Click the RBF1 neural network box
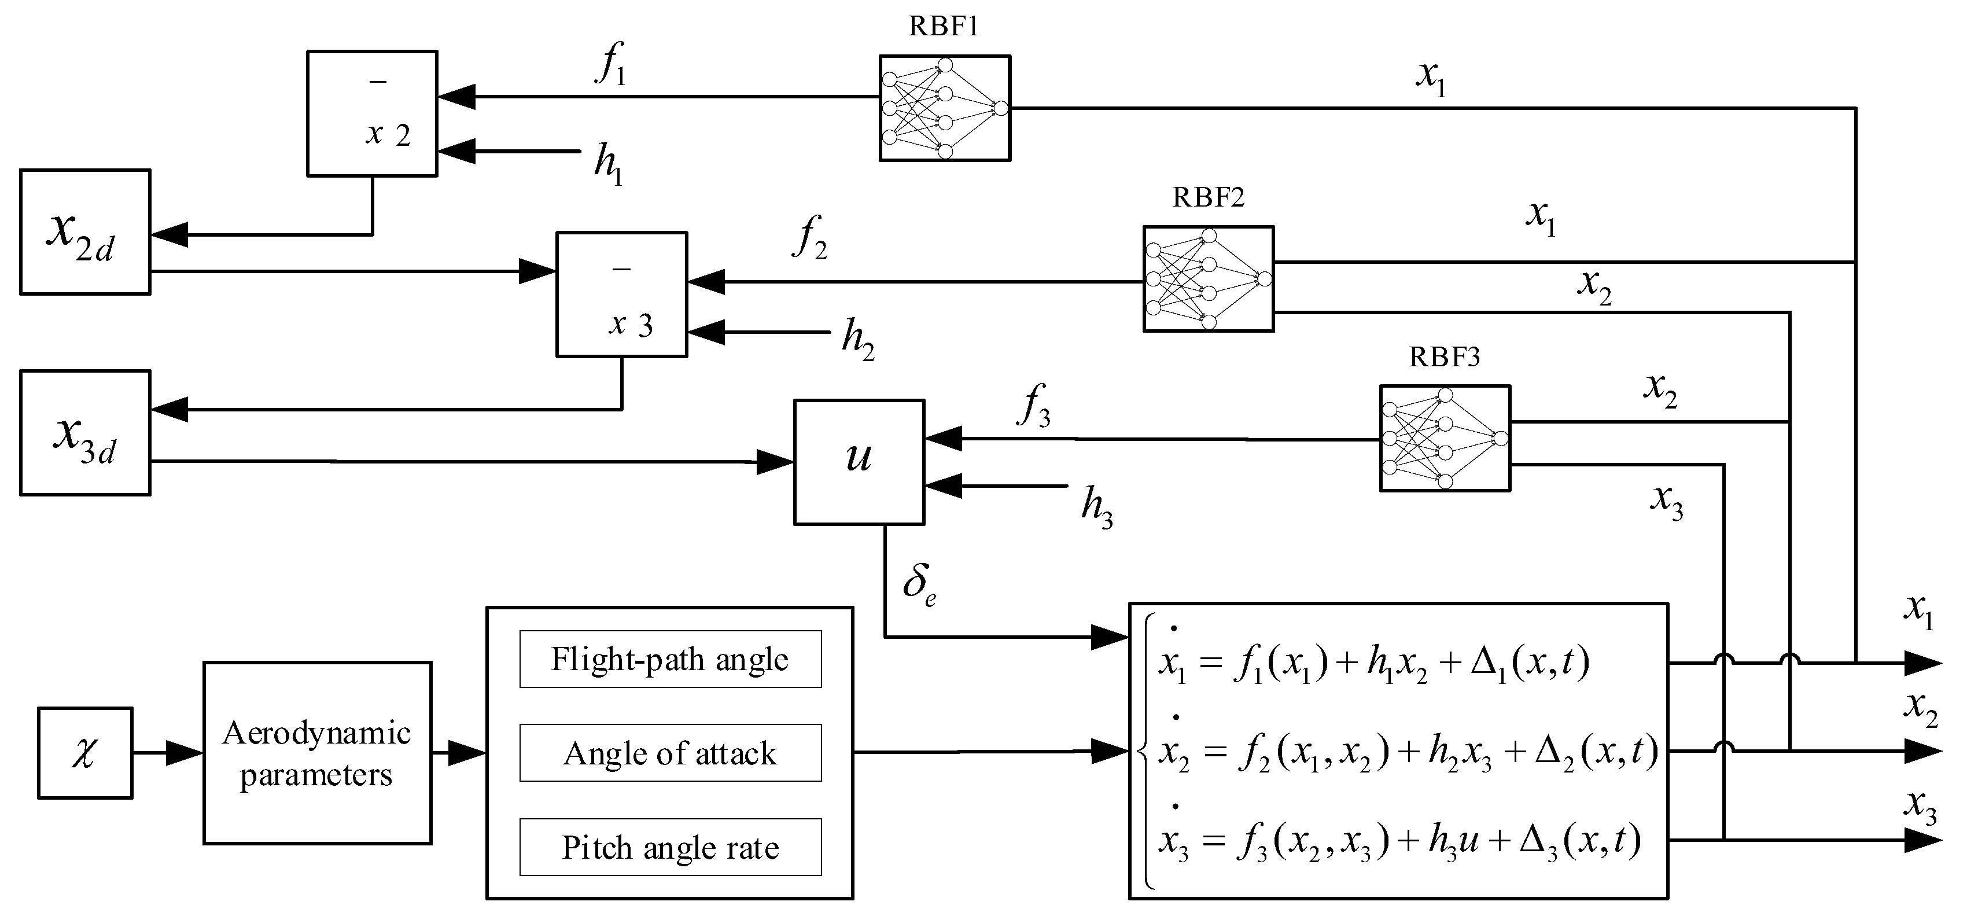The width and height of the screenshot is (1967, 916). click(945, 108)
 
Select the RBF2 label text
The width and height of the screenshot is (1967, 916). click(1208, 198)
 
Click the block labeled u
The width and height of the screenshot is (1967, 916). click(859, 461)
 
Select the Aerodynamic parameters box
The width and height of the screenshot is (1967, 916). click(317, 753)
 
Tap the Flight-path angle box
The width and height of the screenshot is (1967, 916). click(671, 659)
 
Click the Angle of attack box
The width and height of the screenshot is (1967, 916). click(671, 753)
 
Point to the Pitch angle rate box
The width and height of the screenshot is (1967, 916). click(671, 847)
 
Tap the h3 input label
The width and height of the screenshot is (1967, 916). click(1096, 507)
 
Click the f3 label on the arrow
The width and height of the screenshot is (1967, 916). click(1034, 406)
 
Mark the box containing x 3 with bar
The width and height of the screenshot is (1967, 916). click(621, 294)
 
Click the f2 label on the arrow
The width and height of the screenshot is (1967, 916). click(810, 238)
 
